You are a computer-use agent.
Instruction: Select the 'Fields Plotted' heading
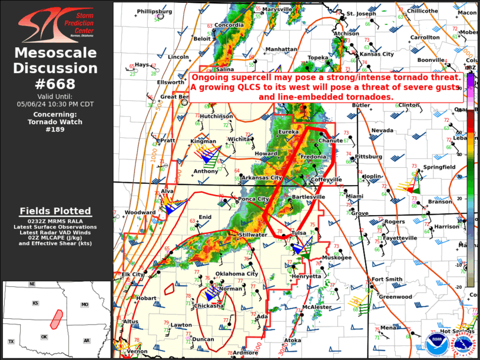point(55,211)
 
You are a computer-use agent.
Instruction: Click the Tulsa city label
point(299,232)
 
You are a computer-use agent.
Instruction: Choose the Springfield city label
point(440,167)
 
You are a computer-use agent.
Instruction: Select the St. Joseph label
point(360,14)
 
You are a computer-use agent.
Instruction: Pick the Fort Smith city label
point(386,279)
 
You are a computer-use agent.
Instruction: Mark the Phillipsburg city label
point(154,11)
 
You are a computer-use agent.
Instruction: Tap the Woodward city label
point(140,212)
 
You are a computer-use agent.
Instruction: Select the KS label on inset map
point(36,303)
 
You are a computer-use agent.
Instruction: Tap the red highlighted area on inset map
point(57,319)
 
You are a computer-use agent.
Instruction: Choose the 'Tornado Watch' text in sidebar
point(55,121)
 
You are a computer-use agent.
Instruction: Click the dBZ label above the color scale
point(471,68)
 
